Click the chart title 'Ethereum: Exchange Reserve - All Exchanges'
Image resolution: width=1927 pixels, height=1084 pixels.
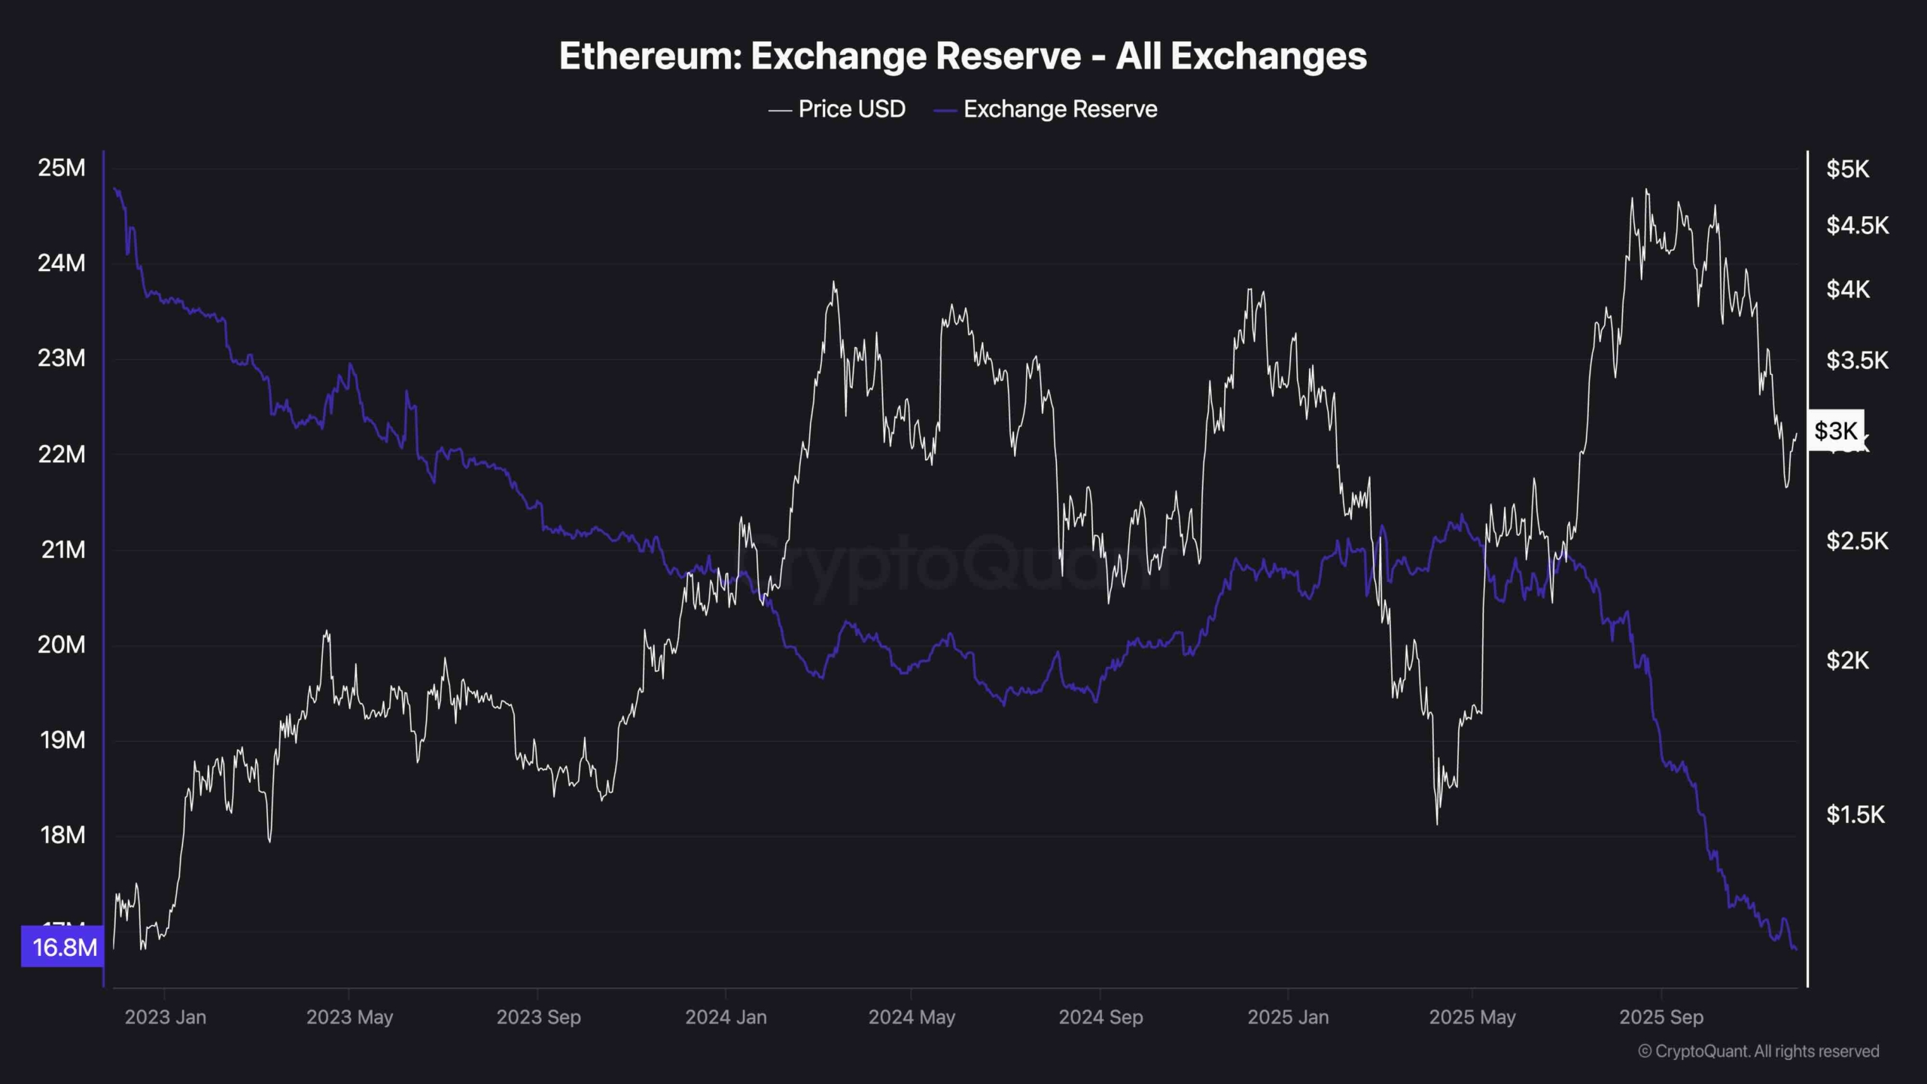[x=963, y=56]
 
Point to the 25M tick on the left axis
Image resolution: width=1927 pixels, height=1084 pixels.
[x=62, y=168]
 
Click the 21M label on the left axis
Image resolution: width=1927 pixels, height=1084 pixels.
[x=63, y=550]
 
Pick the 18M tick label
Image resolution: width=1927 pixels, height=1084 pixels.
[x=62, y=835]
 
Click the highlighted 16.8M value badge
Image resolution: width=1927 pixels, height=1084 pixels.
[x=64, y=947]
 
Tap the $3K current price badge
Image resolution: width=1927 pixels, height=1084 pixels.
[x=1836, y=431]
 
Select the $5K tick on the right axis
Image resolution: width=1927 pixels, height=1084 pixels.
[x=1847, y=169]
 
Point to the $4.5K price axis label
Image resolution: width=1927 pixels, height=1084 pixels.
[x=1857, y=225]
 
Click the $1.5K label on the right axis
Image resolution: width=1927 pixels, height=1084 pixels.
[x=1855, y=815]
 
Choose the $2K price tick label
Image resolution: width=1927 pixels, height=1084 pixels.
[x=1847, y=660]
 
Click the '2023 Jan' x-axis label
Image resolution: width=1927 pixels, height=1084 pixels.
[x=165, y=1017]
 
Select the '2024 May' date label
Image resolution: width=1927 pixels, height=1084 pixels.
[x=912, y=1017]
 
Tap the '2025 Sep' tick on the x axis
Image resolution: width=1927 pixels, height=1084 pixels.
[x=1661, y=1017]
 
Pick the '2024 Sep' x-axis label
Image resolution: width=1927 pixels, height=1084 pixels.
[x=1100, y=1017]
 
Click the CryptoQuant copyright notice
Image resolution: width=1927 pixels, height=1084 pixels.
[x=1758, y=1051]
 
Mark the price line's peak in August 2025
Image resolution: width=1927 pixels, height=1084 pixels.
[x=1646, y=190]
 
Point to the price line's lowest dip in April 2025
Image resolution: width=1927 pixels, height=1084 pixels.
[x=1436, y=824]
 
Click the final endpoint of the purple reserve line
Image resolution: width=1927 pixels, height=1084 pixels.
[x=1796, y=949]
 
